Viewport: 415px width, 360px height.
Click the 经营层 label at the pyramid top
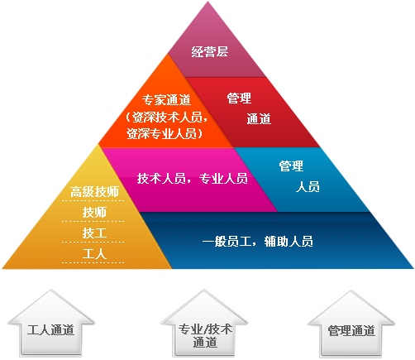pyautogui.click(x=210, y=51)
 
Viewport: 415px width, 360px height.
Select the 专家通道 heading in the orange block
pyautogui.click(x=166, y=99)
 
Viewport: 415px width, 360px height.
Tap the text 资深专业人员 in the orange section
pyautogui.click(x=161, y=133)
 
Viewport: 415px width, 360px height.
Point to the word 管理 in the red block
pyautogui.click(x=239, y=98)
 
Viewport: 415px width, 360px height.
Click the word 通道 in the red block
pyautogui.click(x=259, y=119)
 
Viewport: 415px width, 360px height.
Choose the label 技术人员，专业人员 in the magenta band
pyautogui.click(x=193, y=179)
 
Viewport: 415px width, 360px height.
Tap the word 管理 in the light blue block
pyautogui.click(x=291, y=166)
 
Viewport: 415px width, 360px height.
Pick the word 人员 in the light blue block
pyautogui.click(x=308, y=187)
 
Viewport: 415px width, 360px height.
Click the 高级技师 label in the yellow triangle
pyautogui.click(x=94, y=192)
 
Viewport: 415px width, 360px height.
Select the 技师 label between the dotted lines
pyautogui.click(x=94, y=213)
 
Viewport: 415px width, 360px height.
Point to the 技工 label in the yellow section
pyautogui.click(x=94, y=233)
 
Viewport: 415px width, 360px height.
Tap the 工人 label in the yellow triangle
pyautogui.click(x=94, y=254)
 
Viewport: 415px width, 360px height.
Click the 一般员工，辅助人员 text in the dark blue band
pyautogui.click(x=258, y=242)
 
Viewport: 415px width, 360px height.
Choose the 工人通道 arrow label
pyautogui.click(x=50, y=330)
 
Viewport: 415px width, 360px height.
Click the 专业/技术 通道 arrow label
pyautogui.click(x=205, y=335)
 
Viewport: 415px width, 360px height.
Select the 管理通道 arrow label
pyautogui.click(x=351, y=331)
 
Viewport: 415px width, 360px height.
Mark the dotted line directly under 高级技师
pyautogui.click(x=93, y=200)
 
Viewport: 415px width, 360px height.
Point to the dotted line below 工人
pyautogui.click(x=93, y=262)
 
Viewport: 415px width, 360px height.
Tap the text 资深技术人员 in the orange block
pyautogui.click(x=167, y=118)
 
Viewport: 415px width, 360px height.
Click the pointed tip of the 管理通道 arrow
pyautogui.click(x=351, y=290)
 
